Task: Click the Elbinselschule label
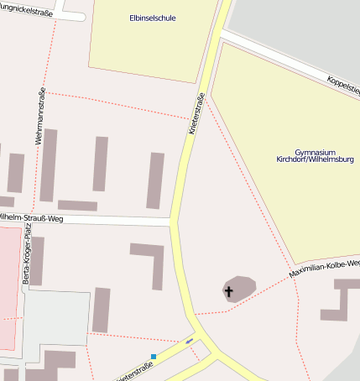[x=153, y=18]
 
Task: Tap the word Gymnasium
[x=315, y=152]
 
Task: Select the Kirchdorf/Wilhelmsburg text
[x=315, y=159]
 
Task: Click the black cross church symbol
[x=227, y=291]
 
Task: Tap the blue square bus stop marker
[x=154, y=357]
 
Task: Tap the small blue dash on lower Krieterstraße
[x=190, y=341]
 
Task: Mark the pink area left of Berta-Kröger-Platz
[x=8, y=285]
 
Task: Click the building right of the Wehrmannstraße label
[x=49, y=164]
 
